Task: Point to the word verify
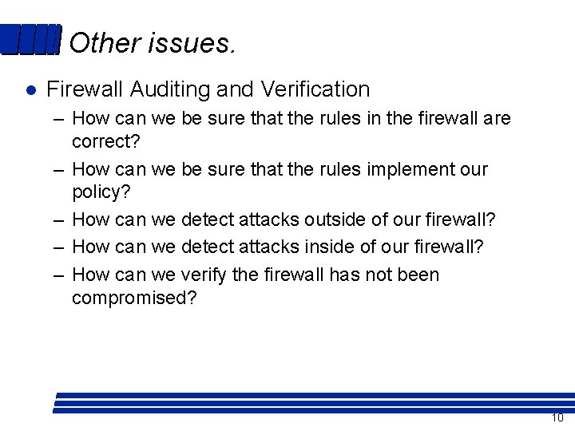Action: tap(204, 275)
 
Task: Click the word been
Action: tap(418, 275)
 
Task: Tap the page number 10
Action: tap(557, 418)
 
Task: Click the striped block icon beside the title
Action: tap(30, 40)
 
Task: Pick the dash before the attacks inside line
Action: tap(59, 247)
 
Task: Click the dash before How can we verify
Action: tap(59, 275)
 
